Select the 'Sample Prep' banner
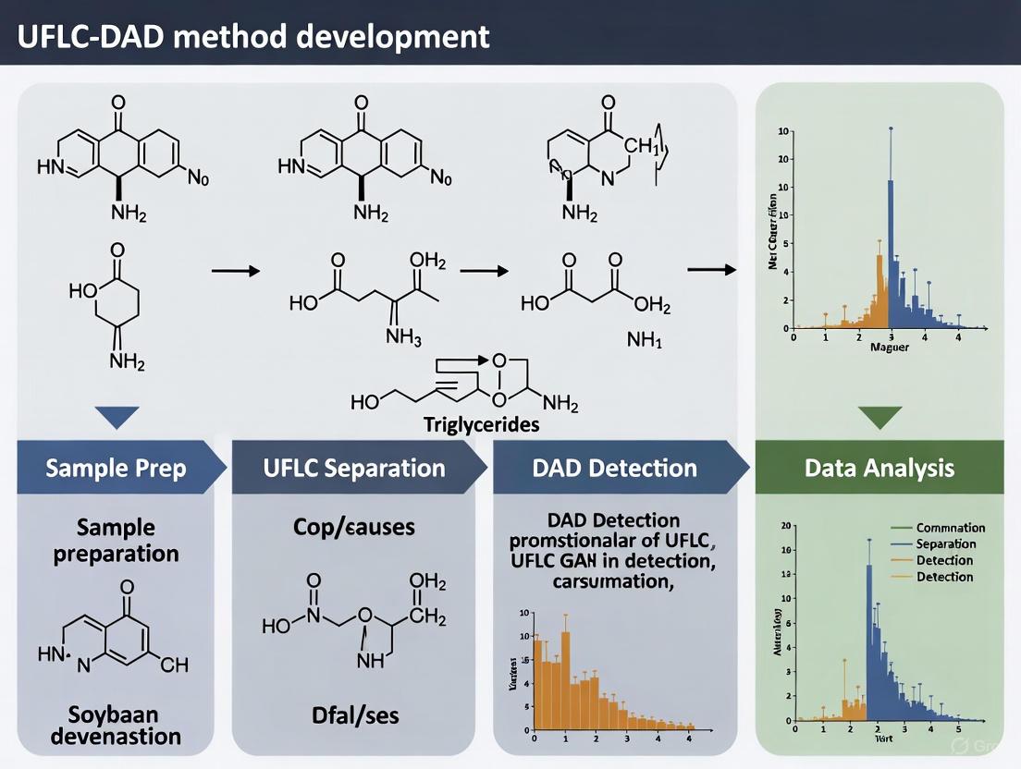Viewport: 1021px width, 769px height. (x=116, y=468)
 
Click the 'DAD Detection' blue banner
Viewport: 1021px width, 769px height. (x=614, y=468)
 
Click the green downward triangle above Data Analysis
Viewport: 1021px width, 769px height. (x=879, y=417)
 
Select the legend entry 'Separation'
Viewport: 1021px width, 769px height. (x=944, y=543)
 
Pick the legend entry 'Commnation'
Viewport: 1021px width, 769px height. (x=950, y=528)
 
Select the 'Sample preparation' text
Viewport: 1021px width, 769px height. (x=116, y=541)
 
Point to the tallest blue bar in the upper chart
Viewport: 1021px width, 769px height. (x=891, y=250)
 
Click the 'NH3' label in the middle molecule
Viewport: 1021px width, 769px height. (x=404, y=338)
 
